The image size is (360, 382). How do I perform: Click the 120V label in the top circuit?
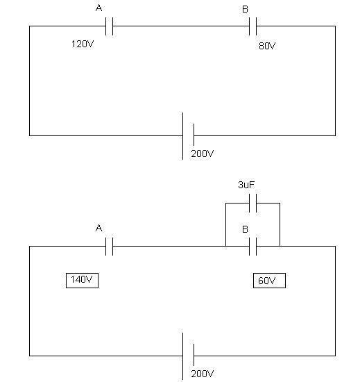pos(83,44)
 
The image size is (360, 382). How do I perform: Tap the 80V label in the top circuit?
pos(267,46)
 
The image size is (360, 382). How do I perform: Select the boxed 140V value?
pos(83,281)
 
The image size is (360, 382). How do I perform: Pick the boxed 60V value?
pos(269,281)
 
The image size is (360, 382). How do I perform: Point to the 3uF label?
pos(246,185)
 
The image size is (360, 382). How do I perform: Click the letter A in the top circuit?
pos(98,8)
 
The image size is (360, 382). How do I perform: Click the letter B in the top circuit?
pos(245,9)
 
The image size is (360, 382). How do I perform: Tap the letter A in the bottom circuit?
pos(98,229)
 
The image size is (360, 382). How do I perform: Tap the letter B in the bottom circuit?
pos(245,229)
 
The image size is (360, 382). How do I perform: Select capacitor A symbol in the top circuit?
pos(110,26)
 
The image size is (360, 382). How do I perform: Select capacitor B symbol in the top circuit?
pos(253,26)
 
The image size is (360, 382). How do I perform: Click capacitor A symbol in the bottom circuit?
pos(110,247)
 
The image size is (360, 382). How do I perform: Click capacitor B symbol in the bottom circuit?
pos(253,247)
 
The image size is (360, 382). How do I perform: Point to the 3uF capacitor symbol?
pos(253,203)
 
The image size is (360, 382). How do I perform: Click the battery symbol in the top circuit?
pos(188,135)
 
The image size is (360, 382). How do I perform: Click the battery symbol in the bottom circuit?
pos(188,356)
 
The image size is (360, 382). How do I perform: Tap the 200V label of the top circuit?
pos(203,153)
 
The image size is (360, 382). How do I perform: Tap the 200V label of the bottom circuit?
pos(203,374)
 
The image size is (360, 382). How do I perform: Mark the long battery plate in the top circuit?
pos(183,136)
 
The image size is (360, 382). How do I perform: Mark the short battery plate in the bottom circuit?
pos(194,355)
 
